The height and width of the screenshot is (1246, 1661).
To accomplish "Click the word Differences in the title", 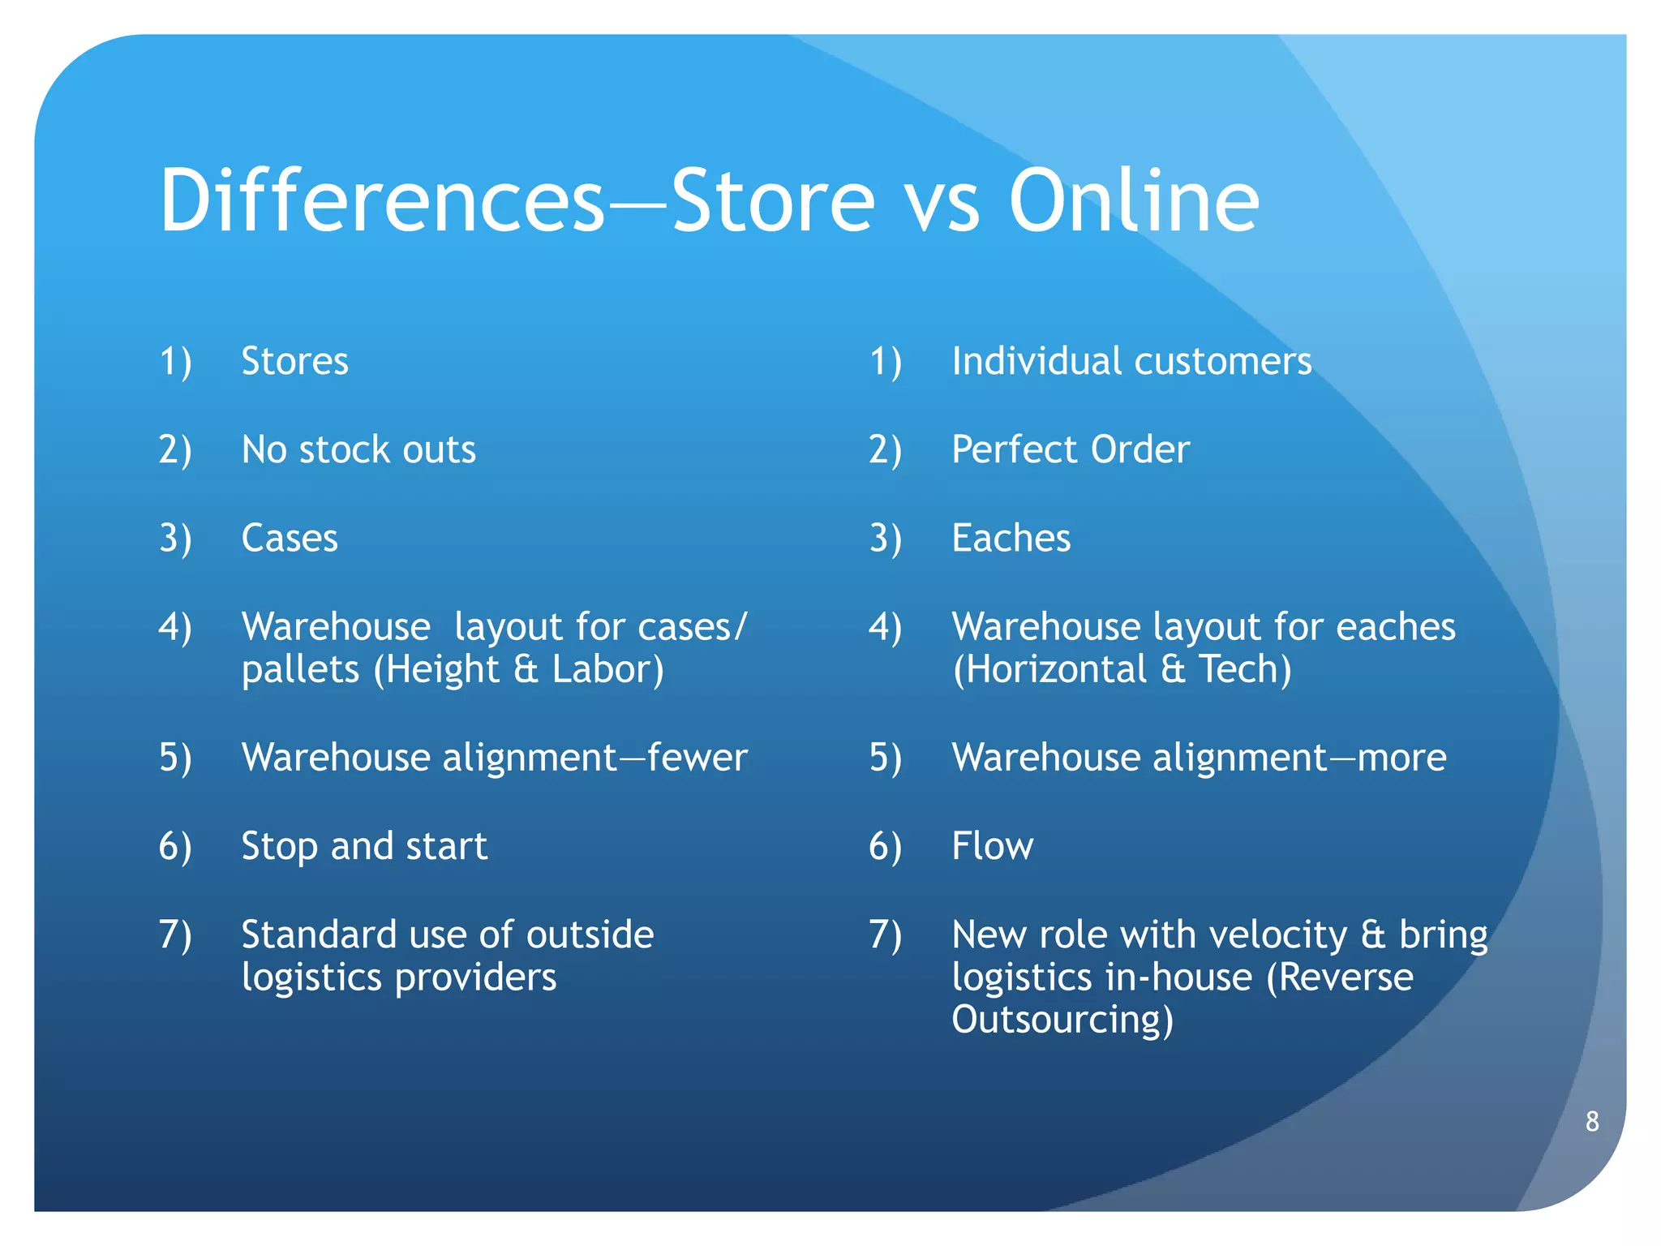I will tap(382, 200).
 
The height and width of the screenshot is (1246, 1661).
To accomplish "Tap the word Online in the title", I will tap(1134, 200).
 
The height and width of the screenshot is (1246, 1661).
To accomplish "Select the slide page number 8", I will tap(1592, 1121).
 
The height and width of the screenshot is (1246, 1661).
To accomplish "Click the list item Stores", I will tap(295, 361).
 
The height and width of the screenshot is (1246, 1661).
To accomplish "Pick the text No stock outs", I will tap(358, 449).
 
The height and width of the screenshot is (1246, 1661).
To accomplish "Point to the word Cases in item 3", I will tap(290, 538).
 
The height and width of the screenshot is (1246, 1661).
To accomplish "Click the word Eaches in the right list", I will tap(1011, 538).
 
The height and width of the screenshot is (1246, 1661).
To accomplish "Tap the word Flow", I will tap(992, 846).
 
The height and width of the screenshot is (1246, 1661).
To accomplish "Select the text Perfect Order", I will tap(1071, 449).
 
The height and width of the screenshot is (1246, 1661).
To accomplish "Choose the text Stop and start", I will tap(364, 846).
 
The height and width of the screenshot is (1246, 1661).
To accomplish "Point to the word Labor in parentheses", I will tap(608, 669).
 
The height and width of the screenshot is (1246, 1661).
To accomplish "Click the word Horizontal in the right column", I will tap(1049, 669).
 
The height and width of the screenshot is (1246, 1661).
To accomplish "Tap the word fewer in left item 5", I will tap(697, 758).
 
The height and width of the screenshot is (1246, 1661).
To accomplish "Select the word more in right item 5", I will tap(1402, 758).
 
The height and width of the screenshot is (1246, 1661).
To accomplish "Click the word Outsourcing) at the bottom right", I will tap(1062, 1020).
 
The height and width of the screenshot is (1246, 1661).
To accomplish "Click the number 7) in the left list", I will tap(175, 934).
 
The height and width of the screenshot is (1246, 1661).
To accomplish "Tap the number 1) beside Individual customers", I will tap(886, 361).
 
